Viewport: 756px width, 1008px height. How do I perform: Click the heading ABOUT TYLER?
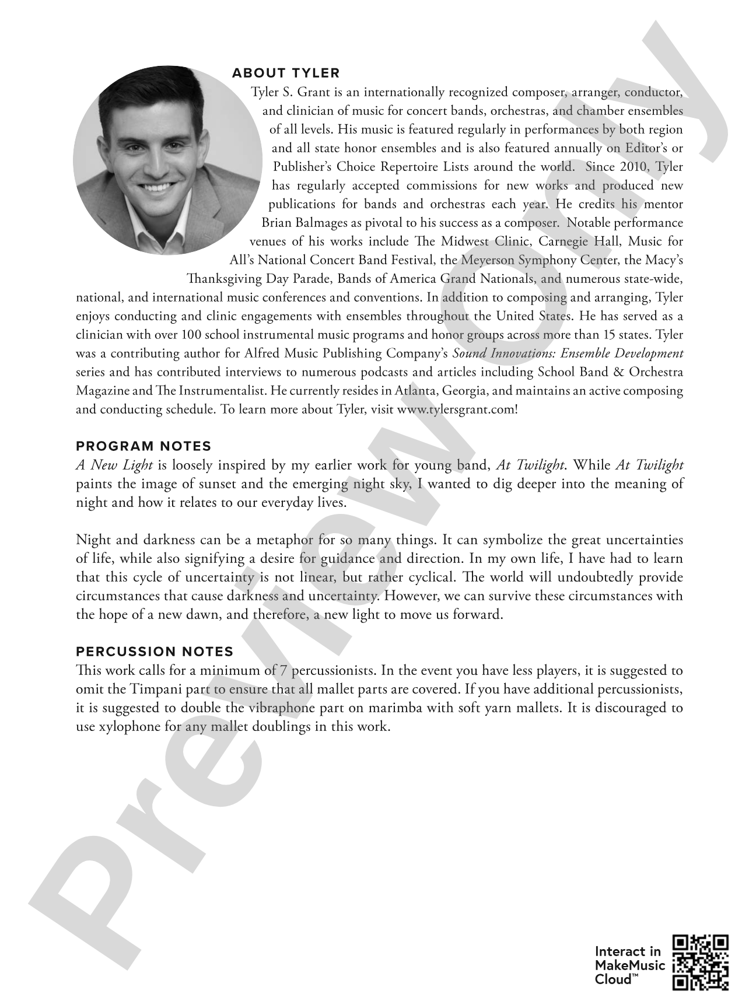point(285,73)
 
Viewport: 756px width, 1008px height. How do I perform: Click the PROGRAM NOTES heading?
point(143,446)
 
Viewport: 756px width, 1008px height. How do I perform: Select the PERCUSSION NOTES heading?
point(155,652)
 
